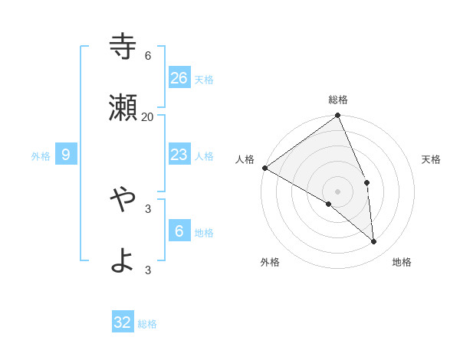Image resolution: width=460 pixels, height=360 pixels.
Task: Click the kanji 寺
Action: coord(123,47)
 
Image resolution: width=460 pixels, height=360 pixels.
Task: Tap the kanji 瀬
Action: coord(123,108)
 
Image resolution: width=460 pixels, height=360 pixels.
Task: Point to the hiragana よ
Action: coord(123,261)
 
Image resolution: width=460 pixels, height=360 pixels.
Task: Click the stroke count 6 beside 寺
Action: coord(148,56)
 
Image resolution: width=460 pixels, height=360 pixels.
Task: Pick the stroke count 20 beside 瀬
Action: coord(148,116)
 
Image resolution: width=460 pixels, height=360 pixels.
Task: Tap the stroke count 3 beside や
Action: coord(148,208)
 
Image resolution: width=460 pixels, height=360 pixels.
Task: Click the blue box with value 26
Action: coord(179,78)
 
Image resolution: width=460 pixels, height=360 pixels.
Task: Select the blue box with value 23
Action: coord(179,155)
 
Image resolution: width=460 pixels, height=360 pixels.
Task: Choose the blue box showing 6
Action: coord(179,231)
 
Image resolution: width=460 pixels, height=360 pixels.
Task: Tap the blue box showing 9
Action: coord(66,155)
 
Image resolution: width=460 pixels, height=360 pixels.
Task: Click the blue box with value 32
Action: coord(123,322)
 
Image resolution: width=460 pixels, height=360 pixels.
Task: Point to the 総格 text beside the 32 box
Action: coord(148,324)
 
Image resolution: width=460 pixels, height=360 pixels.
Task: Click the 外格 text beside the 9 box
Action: coord(41,156)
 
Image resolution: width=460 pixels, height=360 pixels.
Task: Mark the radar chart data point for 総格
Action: coord(338,116)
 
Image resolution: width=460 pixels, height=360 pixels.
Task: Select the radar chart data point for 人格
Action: coord(264,168)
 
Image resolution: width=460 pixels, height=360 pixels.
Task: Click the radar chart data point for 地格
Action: coord(374,241)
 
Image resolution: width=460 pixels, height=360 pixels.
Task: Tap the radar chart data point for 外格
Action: coord(329,204)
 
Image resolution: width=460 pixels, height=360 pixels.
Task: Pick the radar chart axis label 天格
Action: coord(432,159)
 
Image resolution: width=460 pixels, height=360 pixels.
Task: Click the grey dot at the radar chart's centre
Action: coord(338,191)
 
